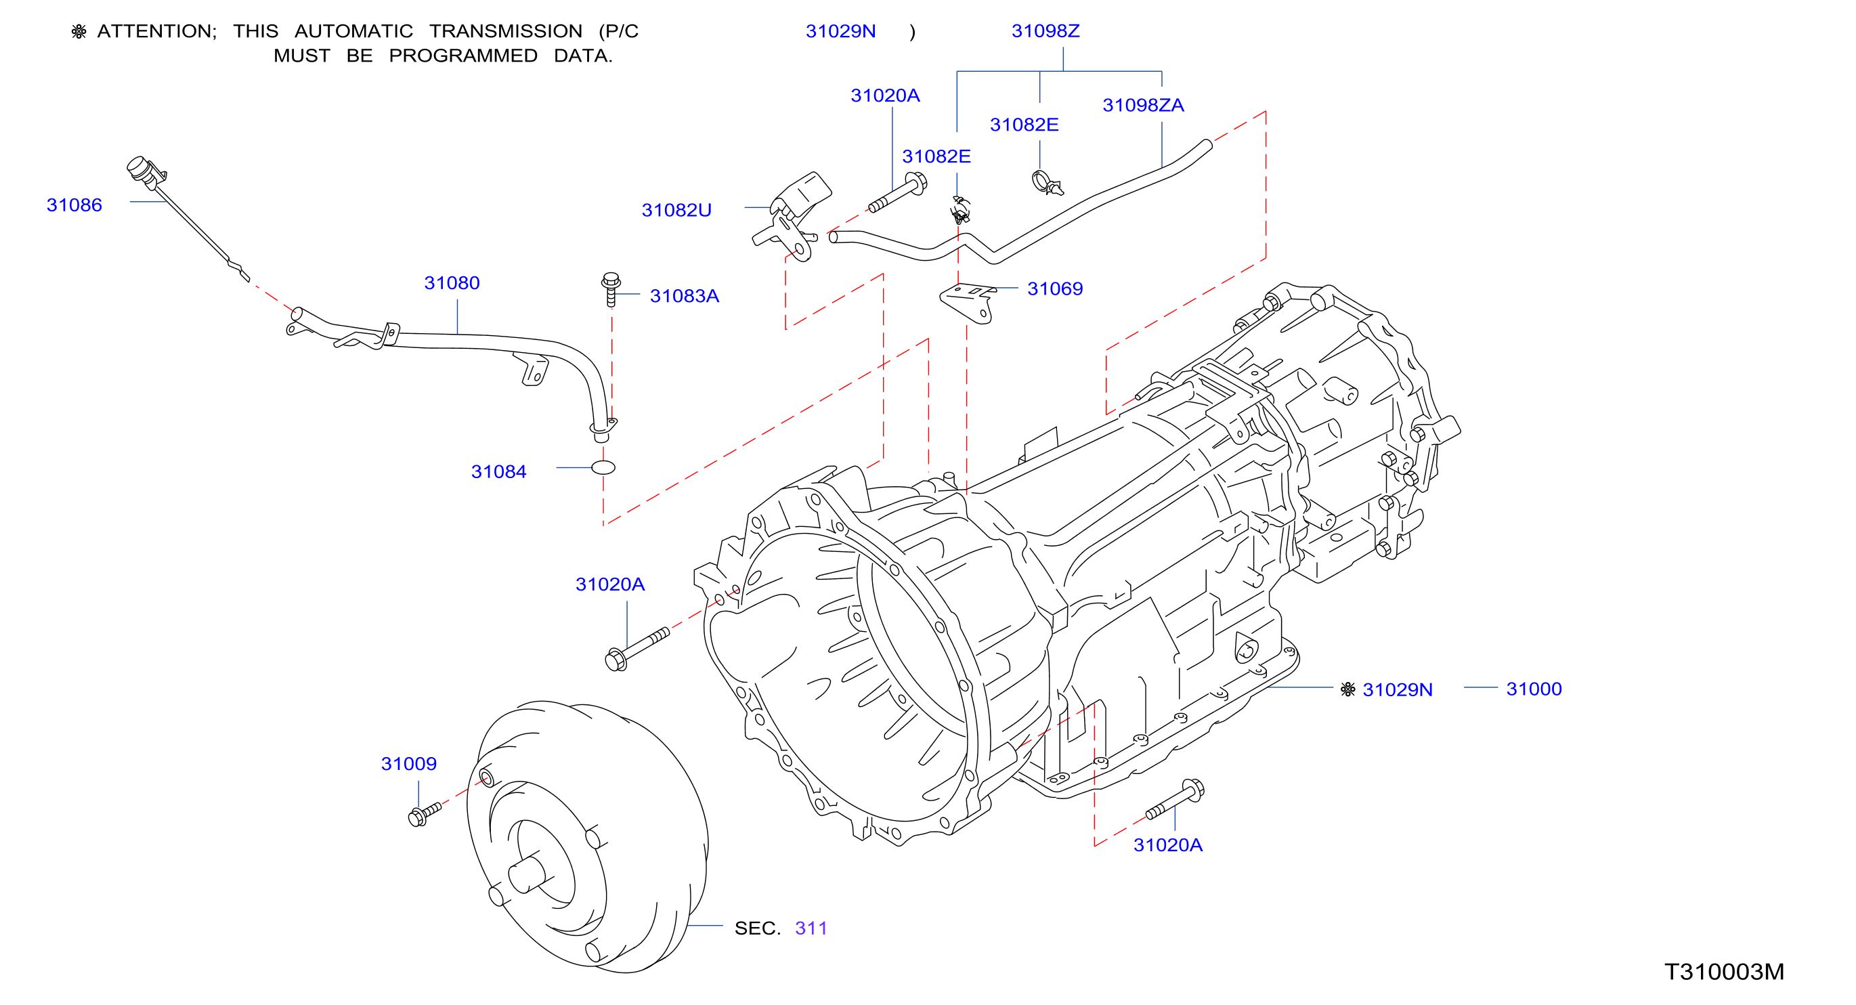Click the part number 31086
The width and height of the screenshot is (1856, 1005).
(x=74, y=205)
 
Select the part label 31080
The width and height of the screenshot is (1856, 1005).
(x=452, y=283)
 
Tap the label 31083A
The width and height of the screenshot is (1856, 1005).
(x=685, y=296)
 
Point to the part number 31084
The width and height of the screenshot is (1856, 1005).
(x=498, y=472)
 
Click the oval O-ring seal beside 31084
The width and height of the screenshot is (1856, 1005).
(x=603, y=467)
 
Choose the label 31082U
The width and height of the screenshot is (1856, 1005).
(x=676, y=211)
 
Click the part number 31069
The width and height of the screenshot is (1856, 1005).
(x=1055, y=289)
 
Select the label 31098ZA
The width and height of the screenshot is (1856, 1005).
(x=1144, y=105)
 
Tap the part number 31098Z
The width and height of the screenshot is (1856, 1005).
(x=1045, y=31)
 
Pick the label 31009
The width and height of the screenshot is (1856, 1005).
(x=408, y=764)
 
